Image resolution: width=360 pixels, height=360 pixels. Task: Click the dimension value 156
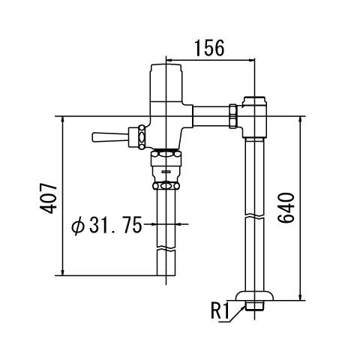[209, 48]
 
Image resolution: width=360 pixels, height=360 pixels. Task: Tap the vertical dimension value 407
[48, 199]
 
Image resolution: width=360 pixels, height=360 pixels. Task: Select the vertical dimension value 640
[286, 208]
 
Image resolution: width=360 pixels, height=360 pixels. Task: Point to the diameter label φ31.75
[106, 224]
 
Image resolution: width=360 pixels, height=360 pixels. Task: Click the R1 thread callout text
[220, 310]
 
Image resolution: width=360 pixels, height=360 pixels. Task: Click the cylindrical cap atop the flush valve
[166, 82]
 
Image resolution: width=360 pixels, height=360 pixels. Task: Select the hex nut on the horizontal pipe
[233, 116]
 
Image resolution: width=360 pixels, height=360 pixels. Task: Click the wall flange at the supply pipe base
[254, 295]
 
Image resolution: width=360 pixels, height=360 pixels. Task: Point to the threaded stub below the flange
[254, 305]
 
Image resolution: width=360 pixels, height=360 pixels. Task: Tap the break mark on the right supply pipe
[254, 216]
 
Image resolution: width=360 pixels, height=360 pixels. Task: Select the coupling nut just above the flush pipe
[166, 186]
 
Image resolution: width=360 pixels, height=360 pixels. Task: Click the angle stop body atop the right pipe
[254, 117]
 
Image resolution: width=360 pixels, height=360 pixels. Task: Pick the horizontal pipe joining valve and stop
[211, 116]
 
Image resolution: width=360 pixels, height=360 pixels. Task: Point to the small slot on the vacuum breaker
[166, 172]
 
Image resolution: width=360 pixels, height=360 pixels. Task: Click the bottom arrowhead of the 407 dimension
[62, 272]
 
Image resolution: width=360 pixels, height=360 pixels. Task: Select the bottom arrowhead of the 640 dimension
[300, 297]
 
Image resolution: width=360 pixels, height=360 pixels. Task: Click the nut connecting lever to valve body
[142, 137]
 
